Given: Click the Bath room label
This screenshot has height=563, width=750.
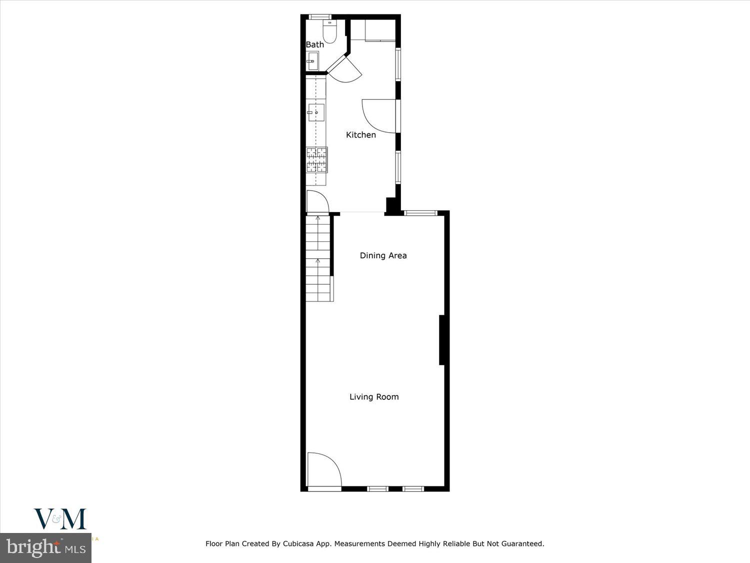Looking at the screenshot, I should [x=315, y=45].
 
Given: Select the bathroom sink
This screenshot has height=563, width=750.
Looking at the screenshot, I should [x=312, y=63].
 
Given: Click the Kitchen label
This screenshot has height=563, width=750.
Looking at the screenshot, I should [x=360, y=135].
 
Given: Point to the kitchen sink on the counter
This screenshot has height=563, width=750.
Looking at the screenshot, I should [x=315, y=113].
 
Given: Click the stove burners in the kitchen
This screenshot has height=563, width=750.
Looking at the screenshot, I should [x=317, y=159].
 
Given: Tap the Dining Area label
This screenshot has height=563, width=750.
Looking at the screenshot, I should [x=383, y=255].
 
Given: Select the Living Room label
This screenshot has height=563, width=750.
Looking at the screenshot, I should [x=374, y=397].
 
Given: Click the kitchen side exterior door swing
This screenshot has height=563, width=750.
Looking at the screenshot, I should [x=378, y=116].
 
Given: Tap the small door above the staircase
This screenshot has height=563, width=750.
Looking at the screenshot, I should [x=316, y=202].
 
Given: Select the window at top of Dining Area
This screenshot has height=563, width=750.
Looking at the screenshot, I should [x=420, y=213].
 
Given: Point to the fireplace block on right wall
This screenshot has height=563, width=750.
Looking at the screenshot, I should [x=442, y=340].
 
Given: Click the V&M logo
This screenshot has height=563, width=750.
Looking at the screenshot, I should [x=60, y=519].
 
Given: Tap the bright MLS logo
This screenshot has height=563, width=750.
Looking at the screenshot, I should [x=45, y=547].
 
